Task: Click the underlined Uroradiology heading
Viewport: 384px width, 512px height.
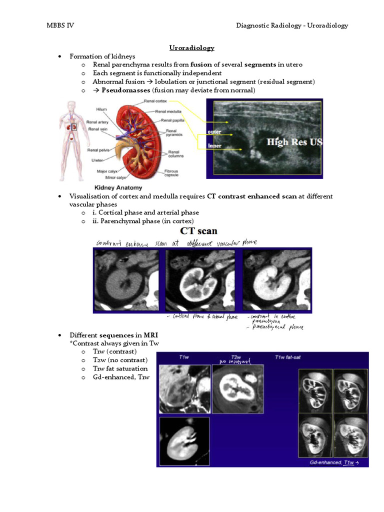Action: coord(192,47)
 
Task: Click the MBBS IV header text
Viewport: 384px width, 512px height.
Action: coord(60,25)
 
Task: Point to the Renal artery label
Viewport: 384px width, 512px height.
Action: coord(97,121)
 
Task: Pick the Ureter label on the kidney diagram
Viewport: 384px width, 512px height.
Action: coord(97,160)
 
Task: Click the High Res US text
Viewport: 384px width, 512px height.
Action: coord(294,142)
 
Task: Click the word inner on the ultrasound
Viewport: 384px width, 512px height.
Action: coord(215,146)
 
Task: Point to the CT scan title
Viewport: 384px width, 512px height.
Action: coord(198,232)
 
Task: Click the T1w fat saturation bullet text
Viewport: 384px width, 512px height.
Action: coord(120,368)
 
